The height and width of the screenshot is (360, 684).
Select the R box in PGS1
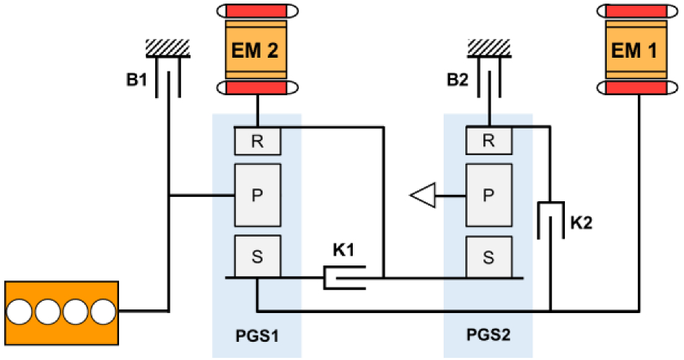coord(258,140)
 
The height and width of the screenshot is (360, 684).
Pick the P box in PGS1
coord(258,195)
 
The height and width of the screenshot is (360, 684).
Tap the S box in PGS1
coord(258,255)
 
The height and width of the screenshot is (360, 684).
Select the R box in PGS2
coord(488,140)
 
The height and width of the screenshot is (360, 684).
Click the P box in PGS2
coord(488,195)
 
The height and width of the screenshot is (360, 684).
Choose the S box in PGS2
coord(488,255)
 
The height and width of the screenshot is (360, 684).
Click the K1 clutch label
coord(344,252)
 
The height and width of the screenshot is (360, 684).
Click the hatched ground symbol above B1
coord(167,47)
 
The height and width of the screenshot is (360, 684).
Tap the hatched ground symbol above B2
coord(489,47)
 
